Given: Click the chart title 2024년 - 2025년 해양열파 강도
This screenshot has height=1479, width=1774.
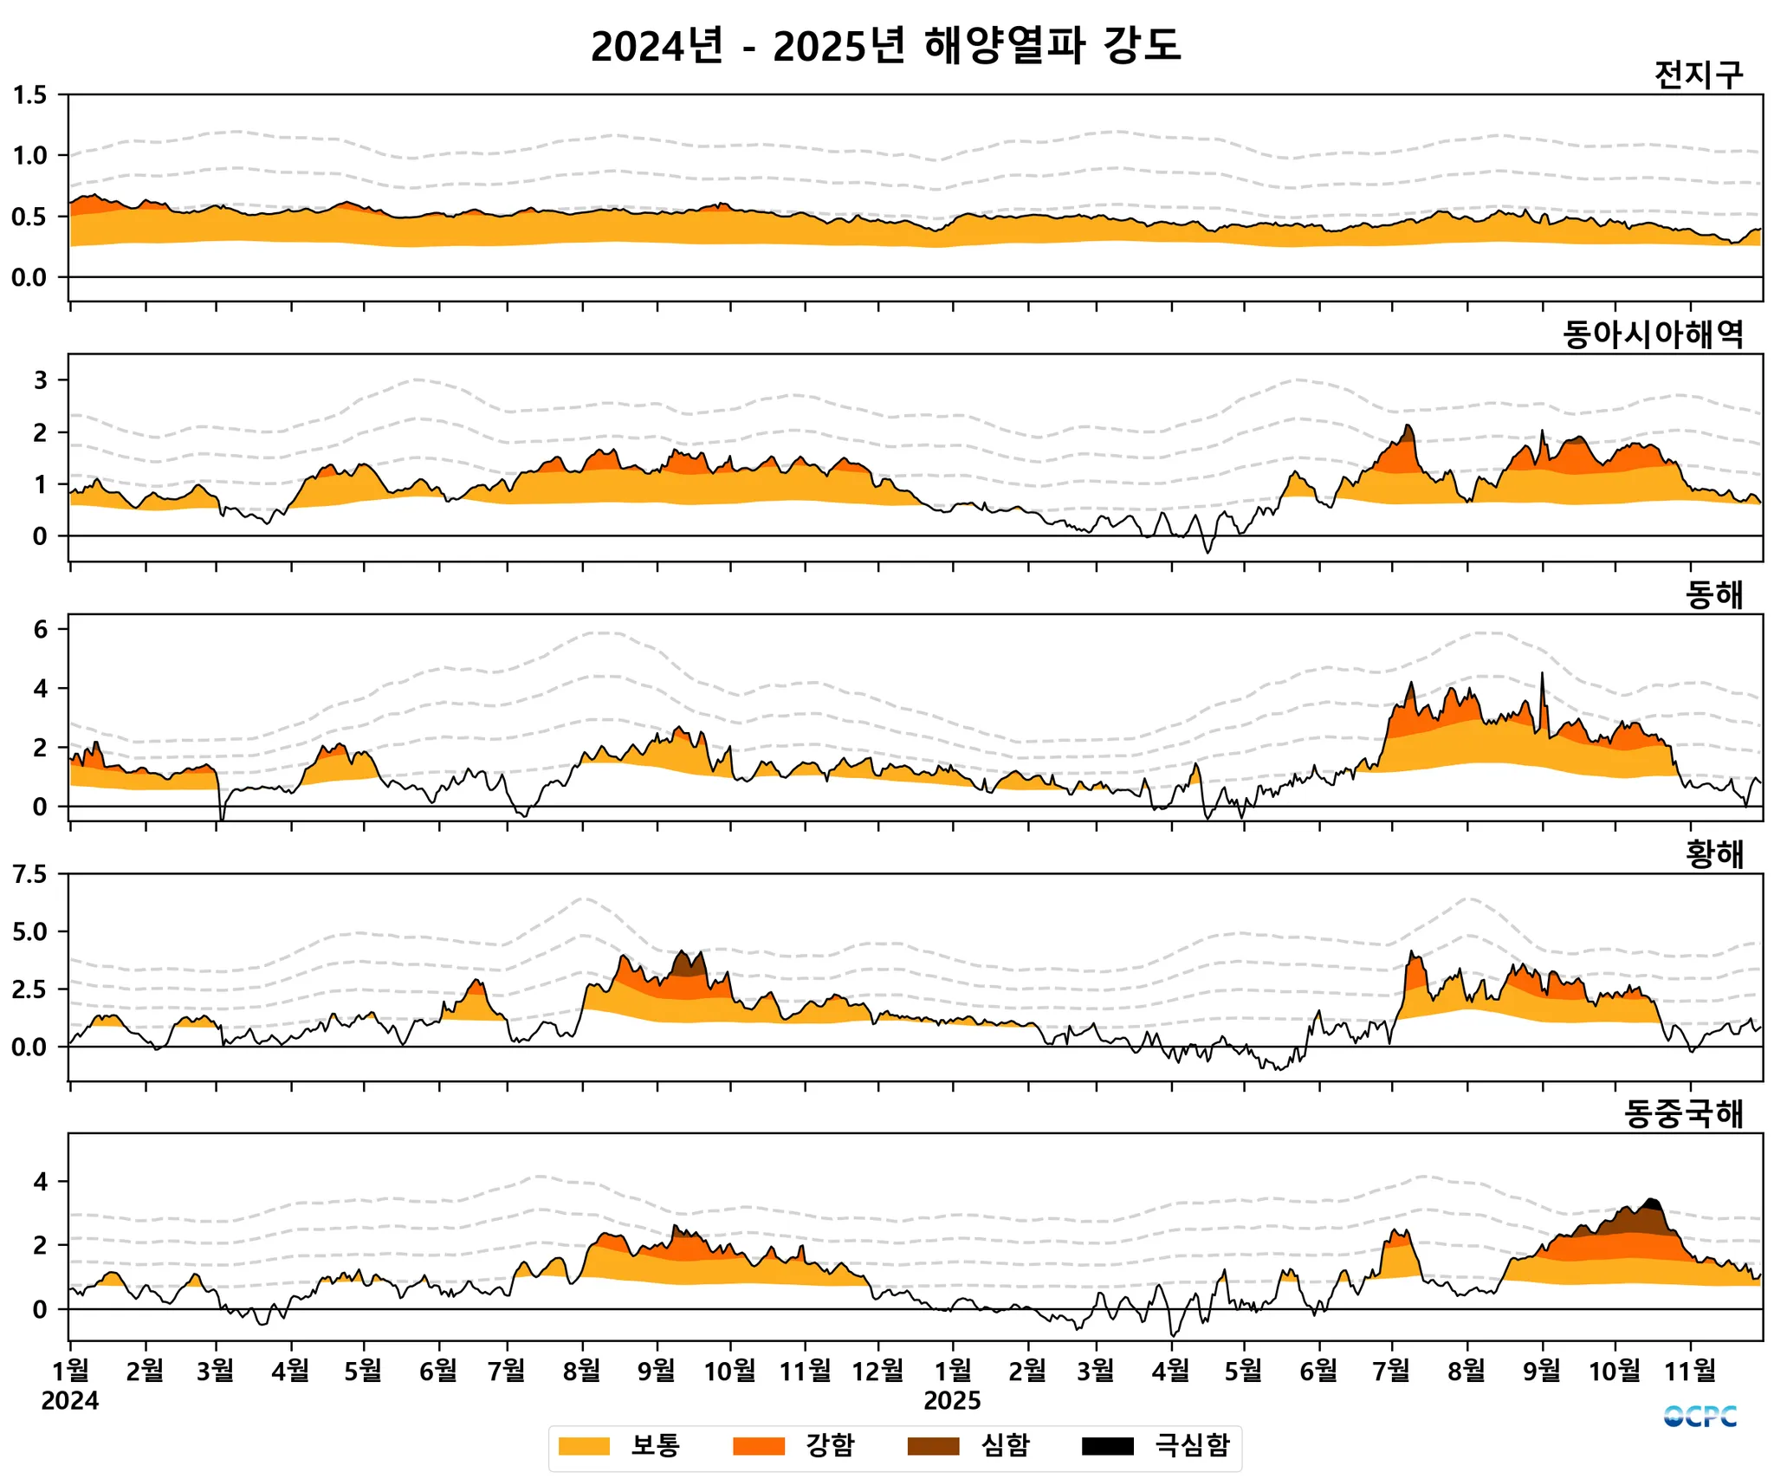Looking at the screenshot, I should (x=885, y=46).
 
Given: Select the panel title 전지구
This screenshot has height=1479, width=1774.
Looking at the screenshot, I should (x=1698, y=75).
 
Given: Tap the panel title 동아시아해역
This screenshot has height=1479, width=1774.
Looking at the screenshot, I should (x=1653, y=334).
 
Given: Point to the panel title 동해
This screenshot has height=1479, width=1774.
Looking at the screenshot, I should (x=1713, y=594).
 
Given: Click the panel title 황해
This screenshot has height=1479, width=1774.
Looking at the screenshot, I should (x=1713, y=854).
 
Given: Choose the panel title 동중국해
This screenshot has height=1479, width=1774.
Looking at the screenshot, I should (x=1683, y=1114).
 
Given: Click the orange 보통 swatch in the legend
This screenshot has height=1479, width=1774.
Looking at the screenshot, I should (x=584, y=1446).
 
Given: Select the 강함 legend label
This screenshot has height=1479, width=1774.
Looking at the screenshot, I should (x=830, y=1445).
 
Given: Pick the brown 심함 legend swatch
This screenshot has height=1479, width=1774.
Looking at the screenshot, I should (x=933, y=1446).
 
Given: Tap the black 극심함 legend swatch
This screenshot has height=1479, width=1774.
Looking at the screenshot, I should (x=1107, y=1446).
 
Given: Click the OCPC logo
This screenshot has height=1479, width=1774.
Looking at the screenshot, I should (x=1700, y=1417).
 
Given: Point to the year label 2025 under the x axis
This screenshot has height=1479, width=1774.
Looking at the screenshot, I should (x=952, y=1401).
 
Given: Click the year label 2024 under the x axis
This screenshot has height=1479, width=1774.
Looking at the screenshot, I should (x=70, y=1401).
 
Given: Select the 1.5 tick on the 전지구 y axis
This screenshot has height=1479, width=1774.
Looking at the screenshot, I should (x=30, y=95).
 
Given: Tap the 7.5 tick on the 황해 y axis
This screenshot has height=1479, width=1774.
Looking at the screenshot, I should (x=30, y=874).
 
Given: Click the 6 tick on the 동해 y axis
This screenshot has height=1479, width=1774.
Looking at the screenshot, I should (x=40, y=630).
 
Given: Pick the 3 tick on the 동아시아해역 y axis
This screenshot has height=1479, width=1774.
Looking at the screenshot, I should (x=40, y=380).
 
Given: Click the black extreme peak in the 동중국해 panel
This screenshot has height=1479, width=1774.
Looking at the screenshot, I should (x=1651, y=1203).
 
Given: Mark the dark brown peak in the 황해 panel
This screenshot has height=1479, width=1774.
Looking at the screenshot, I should (x=690, y=963).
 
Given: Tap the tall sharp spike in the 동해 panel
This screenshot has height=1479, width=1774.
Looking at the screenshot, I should (x=1542, y=676).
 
